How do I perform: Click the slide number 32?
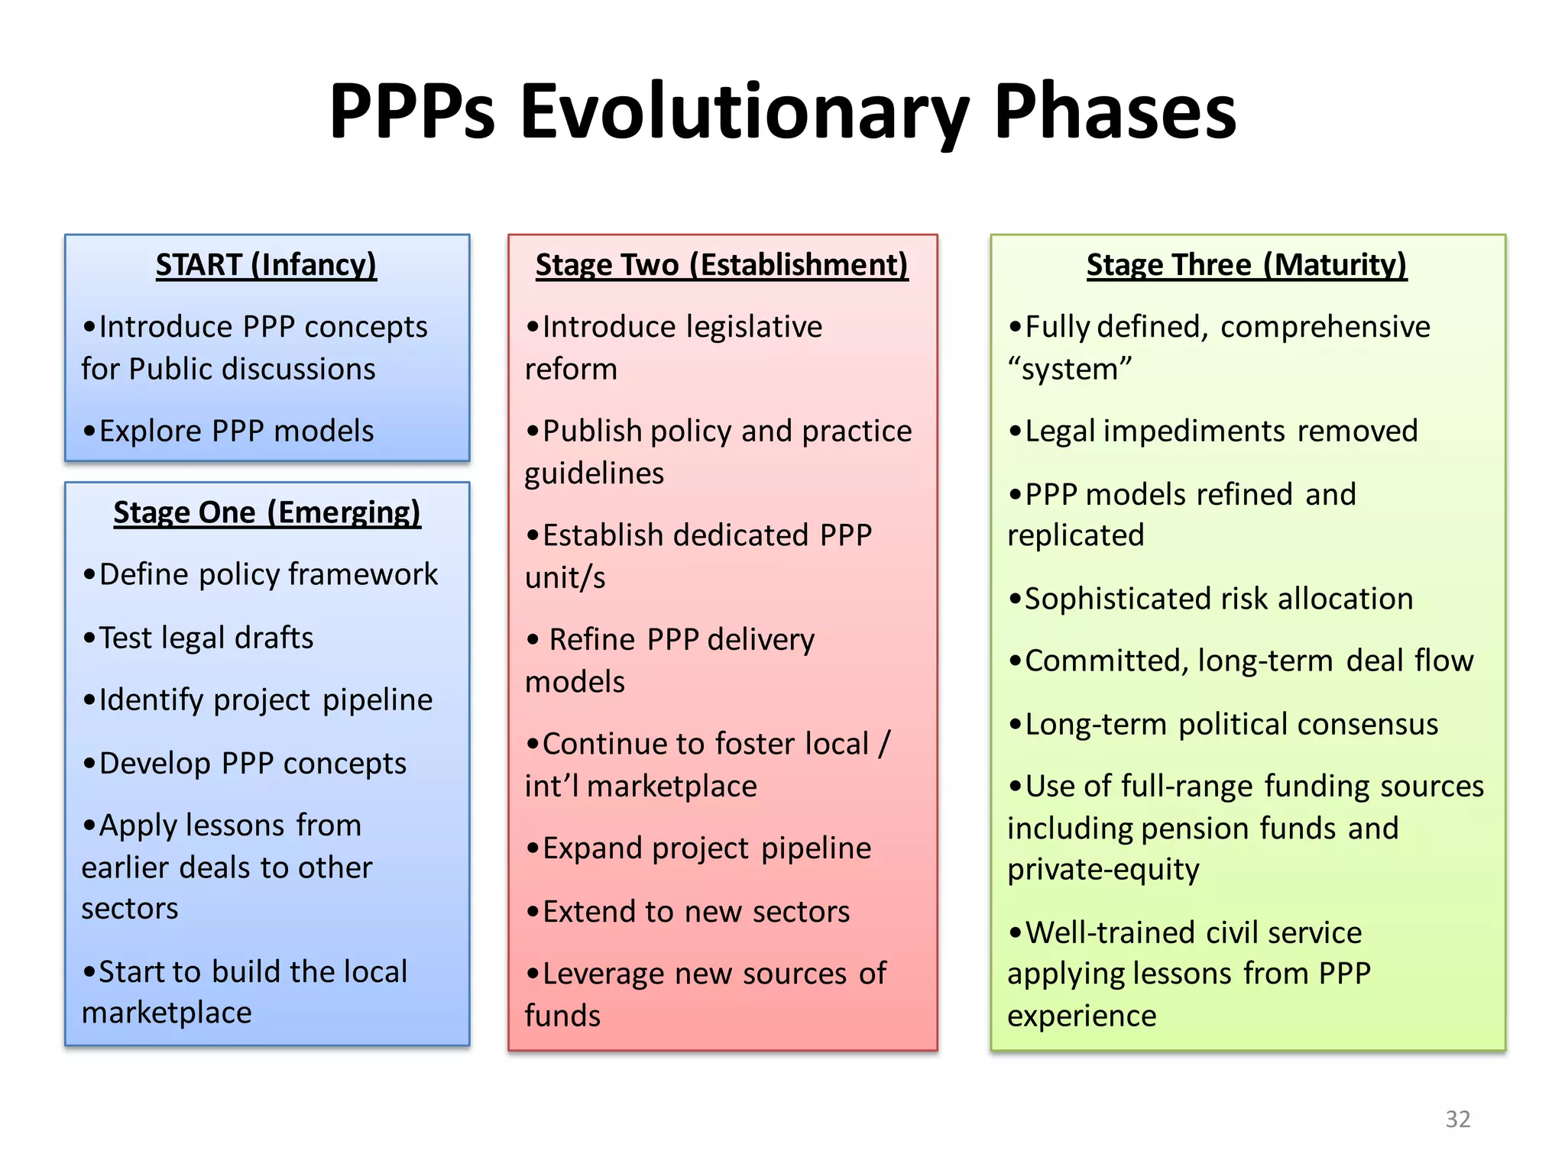point(1457,1119)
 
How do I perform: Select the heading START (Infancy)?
point(266,265)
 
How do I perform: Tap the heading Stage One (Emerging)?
point(267,512)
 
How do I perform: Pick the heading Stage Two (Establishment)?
point(721,265)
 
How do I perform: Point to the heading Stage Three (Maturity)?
point(1246,265)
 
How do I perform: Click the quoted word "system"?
point(1069,370)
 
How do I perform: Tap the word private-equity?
point(1103,869)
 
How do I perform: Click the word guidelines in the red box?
point(594,474)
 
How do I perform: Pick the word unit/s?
point(565,578)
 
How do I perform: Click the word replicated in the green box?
point(1075,535)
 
